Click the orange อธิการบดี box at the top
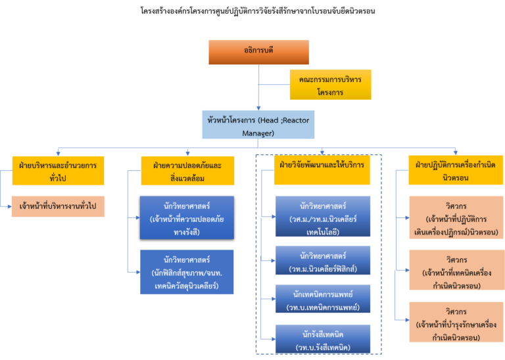click(x=258, y=52)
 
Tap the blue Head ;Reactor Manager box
click(x=258, y=124)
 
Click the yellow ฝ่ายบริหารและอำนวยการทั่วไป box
click(x=58, y=169)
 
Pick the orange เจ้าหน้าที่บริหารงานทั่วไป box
click(x=58, y=206)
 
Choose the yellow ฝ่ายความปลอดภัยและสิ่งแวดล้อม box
click(x=187, y=169)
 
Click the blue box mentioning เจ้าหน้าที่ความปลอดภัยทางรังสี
click(x=187, y=217)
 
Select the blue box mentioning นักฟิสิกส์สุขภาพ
click(x=187, y=271)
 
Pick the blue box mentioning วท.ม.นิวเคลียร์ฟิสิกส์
click(x=322, y=260)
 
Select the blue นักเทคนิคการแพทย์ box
click(x=322, y=299)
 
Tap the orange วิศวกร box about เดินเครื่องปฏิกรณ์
click(x=455, y=217)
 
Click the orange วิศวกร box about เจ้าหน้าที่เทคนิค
click(x=455, y=269)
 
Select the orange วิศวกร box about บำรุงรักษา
click(x=455, y=322)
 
